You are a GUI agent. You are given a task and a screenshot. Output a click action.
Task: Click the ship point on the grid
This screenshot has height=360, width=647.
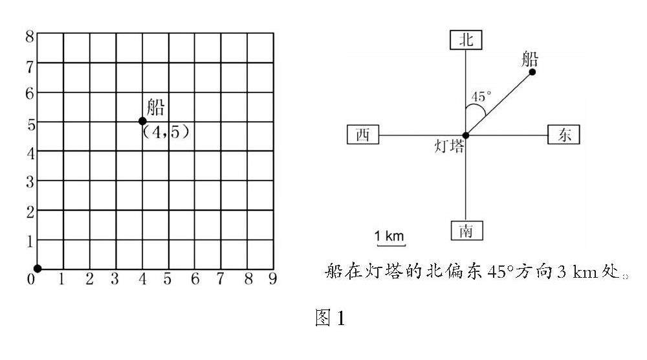(142, 121)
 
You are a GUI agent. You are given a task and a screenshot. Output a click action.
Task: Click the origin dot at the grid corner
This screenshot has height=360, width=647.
(38, 268)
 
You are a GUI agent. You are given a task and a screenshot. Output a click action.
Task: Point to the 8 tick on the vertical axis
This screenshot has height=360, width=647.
(29, 36)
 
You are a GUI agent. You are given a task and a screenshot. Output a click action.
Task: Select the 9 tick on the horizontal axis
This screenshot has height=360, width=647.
(273, 280)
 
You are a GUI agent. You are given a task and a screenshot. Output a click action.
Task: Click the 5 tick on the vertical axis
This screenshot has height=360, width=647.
(29, 123)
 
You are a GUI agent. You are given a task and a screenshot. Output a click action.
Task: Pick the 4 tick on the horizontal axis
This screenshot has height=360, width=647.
(142, 280)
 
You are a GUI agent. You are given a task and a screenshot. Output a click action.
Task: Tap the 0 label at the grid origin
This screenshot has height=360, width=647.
(29, 280)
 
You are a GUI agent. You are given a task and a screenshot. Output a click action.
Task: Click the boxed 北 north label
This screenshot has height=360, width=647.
(466, 39)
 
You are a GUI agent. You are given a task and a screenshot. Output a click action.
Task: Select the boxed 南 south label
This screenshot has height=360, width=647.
(466, 231)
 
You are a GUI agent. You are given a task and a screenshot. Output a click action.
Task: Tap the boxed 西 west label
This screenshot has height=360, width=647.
(362, 135)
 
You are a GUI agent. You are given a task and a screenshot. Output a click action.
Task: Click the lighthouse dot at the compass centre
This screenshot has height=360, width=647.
(466, 135)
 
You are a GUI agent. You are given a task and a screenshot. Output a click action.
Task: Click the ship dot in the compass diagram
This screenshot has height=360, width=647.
(532, 71)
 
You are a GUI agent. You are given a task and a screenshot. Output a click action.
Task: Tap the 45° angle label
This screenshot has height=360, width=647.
(481, 96)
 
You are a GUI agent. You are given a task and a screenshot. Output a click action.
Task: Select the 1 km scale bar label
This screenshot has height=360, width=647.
(389, 236)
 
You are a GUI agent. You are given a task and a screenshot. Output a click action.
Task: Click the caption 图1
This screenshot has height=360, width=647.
(329, 319)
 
